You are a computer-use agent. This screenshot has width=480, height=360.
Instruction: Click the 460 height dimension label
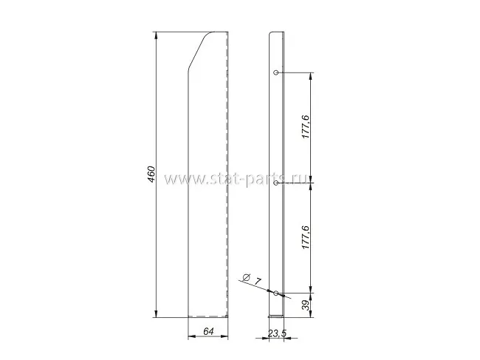[x=151, y=174]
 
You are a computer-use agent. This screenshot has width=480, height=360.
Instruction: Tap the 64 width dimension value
[x=208, y=331]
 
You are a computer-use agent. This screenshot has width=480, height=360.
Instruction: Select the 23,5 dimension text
[x=277, y=333]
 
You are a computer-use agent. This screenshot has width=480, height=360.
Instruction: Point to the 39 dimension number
[x=306, y=305]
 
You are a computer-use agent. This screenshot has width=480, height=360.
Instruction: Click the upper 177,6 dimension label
[x=306, y=127]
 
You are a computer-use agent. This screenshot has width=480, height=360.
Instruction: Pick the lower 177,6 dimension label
[x=306, y=237]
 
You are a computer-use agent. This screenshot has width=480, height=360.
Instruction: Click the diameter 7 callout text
[x=252, y=279]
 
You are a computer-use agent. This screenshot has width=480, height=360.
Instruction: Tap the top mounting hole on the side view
[x=276, y=72]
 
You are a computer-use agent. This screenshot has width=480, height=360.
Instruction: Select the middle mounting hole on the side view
[x=276, y=183]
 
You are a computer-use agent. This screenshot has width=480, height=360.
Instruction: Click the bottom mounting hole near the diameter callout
[x=276, y=293]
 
